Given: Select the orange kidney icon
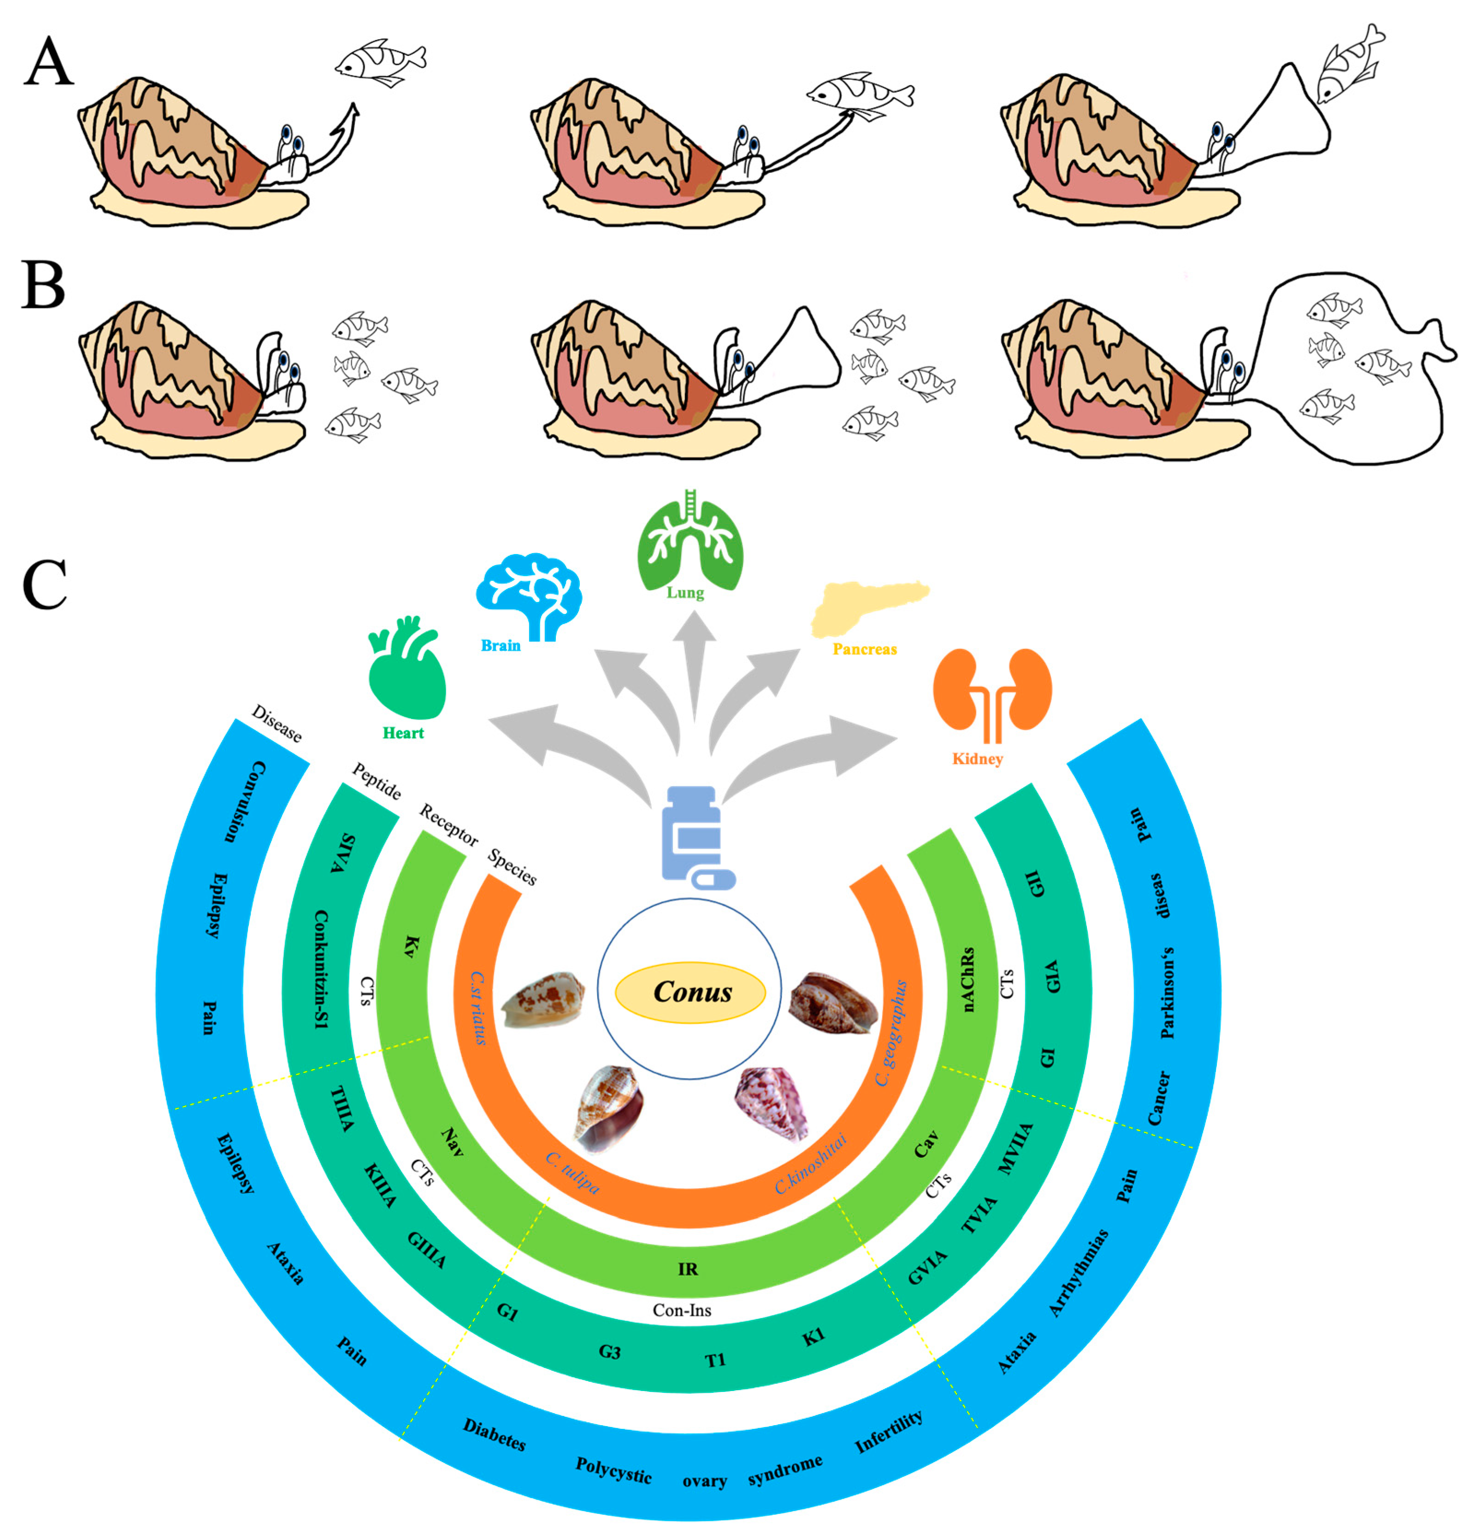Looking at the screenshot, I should coord(992,690).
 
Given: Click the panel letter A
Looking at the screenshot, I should coord(48,62).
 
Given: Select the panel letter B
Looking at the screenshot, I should coord(43,285).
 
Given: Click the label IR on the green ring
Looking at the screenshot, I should coord(688,1269).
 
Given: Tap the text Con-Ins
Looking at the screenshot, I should coord(682,1311).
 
